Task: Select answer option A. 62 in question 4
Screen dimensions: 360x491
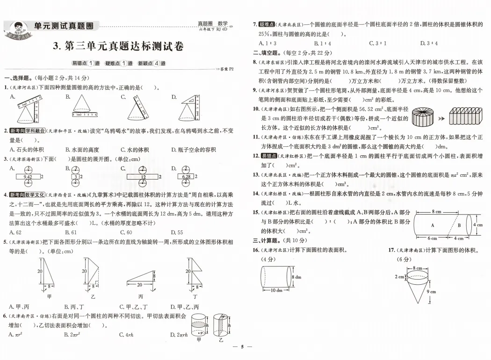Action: [15, 232]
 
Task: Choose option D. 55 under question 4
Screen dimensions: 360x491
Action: [177, 232]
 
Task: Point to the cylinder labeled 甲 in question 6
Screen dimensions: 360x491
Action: [199, 324]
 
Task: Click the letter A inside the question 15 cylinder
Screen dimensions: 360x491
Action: [433, 225]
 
